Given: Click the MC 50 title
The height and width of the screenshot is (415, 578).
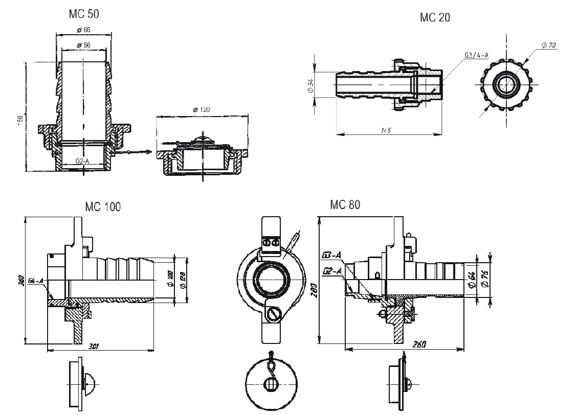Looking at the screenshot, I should [x=84, y=14].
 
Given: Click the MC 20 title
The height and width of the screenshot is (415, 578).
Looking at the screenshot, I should [x=435, y=17].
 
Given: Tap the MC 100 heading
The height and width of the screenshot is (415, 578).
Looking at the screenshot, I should [x=103, y=207].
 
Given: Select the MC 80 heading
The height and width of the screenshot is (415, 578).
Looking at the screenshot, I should [x=345, y=205].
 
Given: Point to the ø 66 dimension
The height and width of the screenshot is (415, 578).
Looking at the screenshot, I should [x=83, y=30].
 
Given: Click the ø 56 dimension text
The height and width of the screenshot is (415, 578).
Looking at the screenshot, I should [x=83, y=45].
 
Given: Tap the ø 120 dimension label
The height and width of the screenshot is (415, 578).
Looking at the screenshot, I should [x=202, y=110].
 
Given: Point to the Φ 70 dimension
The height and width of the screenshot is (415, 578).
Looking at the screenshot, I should [x=548, y=46].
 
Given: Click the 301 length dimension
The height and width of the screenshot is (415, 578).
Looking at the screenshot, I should [x=94, y=346].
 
